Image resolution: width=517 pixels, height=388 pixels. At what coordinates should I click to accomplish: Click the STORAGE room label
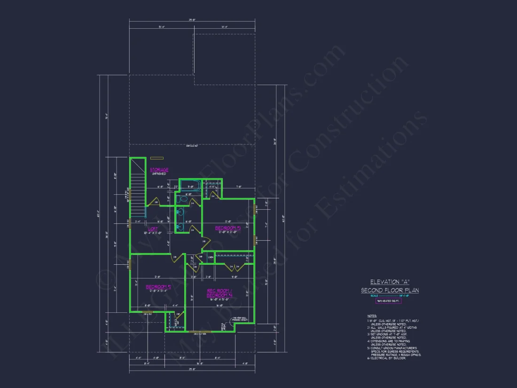coord(159,170)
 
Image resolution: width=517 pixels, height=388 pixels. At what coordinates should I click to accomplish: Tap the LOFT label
coord(153,229)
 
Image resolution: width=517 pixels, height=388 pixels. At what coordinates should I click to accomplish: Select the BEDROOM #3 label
coord(227,229)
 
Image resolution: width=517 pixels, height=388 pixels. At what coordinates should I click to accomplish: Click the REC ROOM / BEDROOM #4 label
coord(219,293)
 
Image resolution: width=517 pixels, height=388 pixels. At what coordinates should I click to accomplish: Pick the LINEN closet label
coord(211,257)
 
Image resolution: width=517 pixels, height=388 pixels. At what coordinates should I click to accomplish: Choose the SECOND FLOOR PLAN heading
coord(390,290)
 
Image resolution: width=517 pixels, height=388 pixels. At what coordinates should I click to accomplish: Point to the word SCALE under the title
coord(374,296)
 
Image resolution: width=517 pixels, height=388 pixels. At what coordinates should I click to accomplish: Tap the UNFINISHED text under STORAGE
coord(158,174)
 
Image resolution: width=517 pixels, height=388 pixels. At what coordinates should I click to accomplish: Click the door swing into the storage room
coord(152,203)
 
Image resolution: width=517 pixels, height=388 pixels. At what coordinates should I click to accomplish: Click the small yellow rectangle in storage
coord(157,158)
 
